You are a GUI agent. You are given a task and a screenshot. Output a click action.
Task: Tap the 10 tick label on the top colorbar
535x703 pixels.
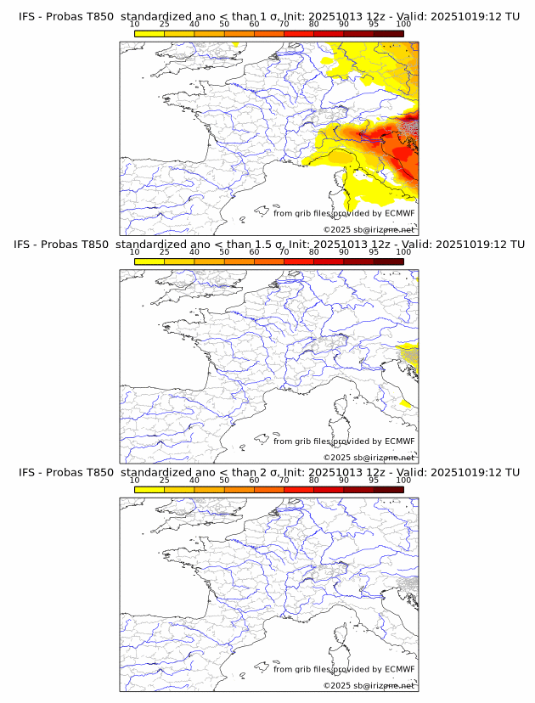click(135, 25)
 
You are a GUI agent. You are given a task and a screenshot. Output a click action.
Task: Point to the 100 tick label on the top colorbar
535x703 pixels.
click(403, 25)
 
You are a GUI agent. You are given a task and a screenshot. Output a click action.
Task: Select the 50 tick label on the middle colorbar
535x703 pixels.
click(224, 252)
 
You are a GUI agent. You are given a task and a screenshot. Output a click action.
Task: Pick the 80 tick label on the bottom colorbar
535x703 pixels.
click(314, 480)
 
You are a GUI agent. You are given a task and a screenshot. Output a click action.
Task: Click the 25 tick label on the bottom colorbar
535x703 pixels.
click(165, 480)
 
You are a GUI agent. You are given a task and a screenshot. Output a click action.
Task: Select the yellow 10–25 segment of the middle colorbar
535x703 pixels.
click(149, 261)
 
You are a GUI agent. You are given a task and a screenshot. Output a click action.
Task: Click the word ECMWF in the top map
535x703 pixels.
click(399, 213)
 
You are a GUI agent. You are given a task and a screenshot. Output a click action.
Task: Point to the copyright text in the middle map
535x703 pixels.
click(369, 458)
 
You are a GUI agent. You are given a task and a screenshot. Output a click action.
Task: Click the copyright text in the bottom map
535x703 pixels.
click(369, 685)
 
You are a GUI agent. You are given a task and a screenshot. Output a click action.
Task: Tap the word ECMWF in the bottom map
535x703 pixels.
click(399, 668)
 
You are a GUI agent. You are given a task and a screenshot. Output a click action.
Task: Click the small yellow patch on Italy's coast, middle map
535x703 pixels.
click(408, 402)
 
